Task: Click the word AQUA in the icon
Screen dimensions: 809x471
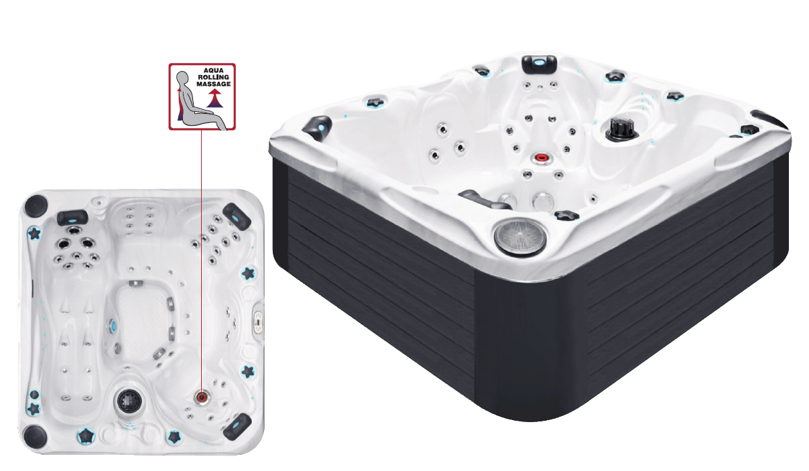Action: click(213, 70)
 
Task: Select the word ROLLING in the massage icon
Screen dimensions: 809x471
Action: click(213, 77)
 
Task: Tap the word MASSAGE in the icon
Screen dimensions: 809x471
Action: click(213, 84)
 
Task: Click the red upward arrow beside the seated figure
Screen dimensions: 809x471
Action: click(214, 99)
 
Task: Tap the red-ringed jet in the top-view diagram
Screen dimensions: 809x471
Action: click(201, 397)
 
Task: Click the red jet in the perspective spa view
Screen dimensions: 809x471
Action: click(542, 157)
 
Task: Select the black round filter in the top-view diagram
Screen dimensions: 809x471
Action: click(128, 400)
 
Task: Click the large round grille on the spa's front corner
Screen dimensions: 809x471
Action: click(519, 236)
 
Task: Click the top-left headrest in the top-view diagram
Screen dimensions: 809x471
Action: click(72, 218)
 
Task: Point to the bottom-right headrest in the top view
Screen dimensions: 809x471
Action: click(237, 427)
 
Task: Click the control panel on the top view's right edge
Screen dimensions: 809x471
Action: click(259, 321)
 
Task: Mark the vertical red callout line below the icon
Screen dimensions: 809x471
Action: click(202, 260)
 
